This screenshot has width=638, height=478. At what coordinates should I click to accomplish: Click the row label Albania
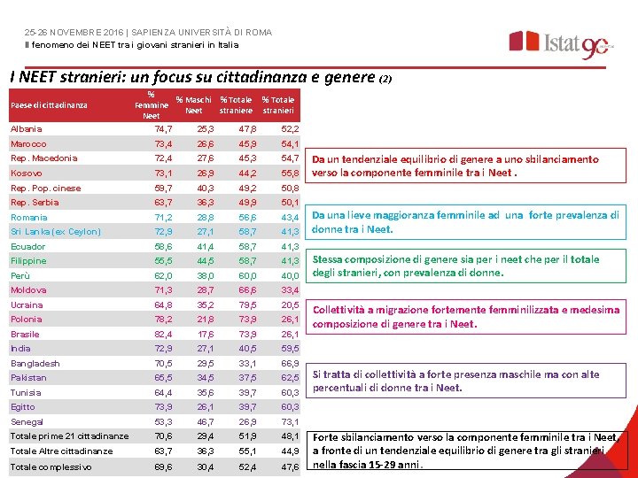26,129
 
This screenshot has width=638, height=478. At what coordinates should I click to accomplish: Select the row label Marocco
28,144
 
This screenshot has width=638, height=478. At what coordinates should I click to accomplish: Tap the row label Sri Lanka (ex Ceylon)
56,232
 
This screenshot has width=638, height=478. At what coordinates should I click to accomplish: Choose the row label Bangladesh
35,364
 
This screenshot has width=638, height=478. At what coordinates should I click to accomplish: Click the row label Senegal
27,422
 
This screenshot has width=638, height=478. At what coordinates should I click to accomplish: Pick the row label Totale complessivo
51,466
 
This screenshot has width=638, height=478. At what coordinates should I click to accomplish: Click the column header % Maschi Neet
194,105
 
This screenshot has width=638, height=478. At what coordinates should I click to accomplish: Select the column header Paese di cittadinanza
49,106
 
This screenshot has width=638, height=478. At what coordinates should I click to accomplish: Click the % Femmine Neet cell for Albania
163,129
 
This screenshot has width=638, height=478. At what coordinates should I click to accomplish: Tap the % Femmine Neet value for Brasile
163,335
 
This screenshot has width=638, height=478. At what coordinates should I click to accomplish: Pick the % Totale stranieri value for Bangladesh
289,364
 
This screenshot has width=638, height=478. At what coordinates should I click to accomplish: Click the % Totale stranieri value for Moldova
289,290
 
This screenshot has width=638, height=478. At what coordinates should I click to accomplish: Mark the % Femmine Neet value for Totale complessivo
163,466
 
